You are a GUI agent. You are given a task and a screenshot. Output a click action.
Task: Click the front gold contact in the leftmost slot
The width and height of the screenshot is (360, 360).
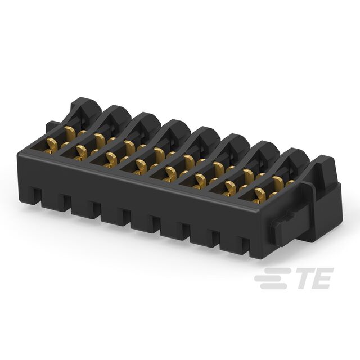pos(51,145)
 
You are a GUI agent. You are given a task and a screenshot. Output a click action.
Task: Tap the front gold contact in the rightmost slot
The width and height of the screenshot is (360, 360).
pos(259,195)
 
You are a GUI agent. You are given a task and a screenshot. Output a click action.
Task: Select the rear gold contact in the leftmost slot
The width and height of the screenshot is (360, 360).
pos(70,133)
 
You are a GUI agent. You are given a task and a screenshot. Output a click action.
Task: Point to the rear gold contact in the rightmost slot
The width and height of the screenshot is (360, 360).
pos(278,183)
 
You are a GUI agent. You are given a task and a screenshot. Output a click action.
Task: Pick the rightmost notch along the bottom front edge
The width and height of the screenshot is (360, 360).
pos(245,246)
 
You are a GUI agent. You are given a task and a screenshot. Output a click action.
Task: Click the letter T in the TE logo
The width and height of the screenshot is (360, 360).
pos(305,278)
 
